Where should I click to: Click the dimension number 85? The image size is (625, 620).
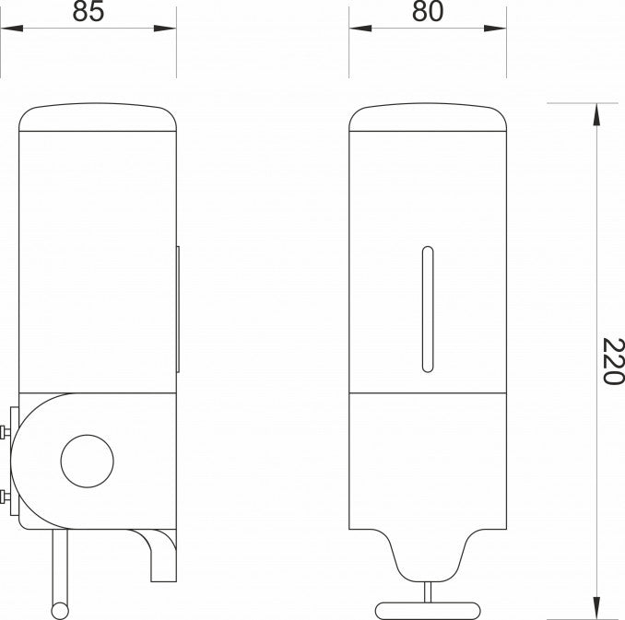click(x=88, y=12)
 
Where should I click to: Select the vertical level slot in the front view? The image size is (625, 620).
click(x=427, y=309)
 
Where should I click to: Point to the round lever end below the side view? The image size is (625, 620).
click(x=61, y=609)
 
